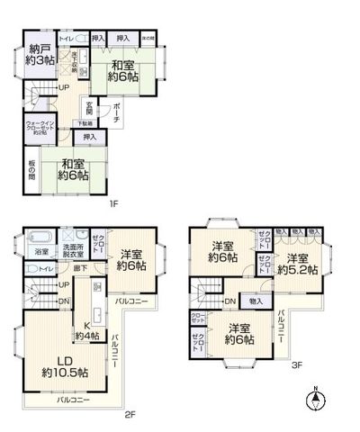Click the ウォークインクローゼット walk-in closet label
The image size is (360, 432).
click(x=42, y=127)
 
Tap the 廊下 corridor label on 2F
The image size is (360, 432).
click(x=81, y=268)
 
